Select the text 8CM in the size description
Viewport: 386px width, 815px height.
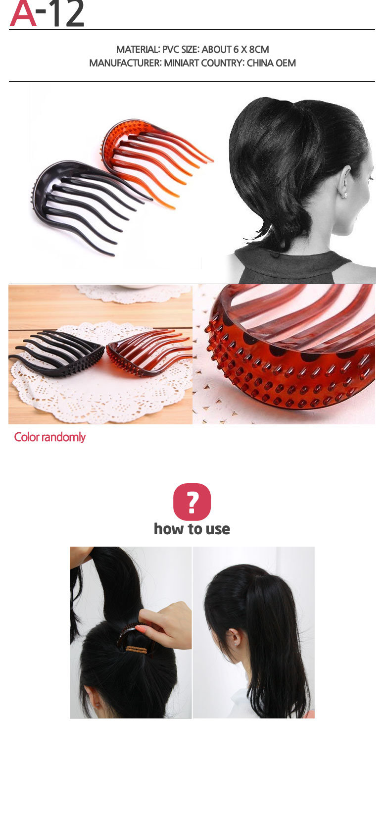[259, 50]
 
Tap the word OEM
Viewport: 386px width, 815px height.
[286, 63]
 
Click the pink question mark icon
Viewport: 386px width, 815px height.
[192, 502]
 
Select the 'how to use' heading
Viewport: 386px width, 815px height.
[192, 529]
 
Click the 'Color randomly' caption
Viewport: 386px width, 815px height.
[50, 437]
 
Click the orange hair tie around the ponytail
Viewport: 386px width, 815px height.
[137, 648]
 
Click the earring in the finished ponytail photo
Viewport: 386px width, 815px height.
[237, 644]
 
